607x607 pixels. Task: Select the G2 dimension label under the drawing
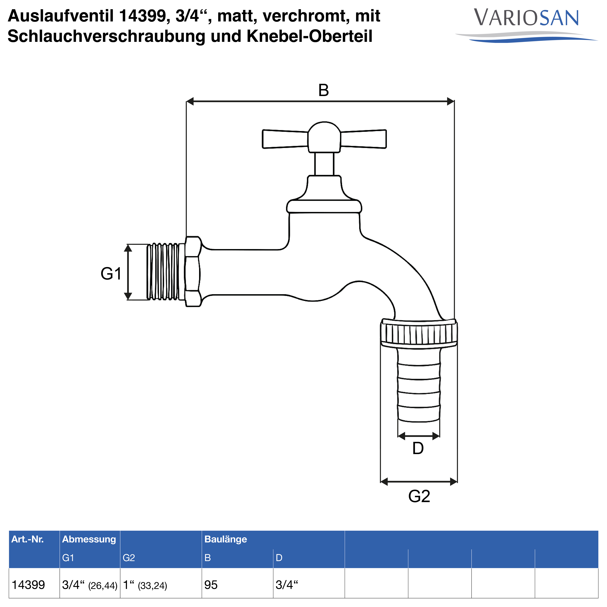419,496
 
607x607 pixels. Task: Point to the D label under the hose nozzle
418,448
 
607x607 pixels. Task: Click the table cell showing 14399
28,585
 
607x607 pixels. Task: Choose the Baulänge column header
226,539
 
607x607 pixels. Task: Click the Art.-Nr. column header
28,539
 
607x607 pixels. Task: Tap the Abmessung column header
89,539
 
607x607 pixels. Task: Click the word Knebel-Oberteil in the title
309,36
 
